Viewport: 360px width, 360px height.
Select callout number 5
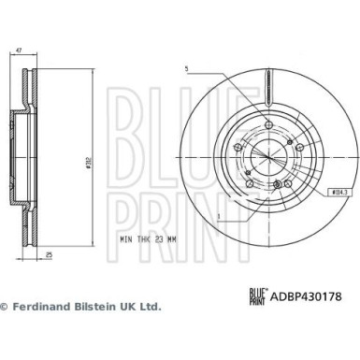point(187,68)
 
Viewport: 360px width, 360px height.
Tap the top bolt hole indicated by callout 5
point(267,126)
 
